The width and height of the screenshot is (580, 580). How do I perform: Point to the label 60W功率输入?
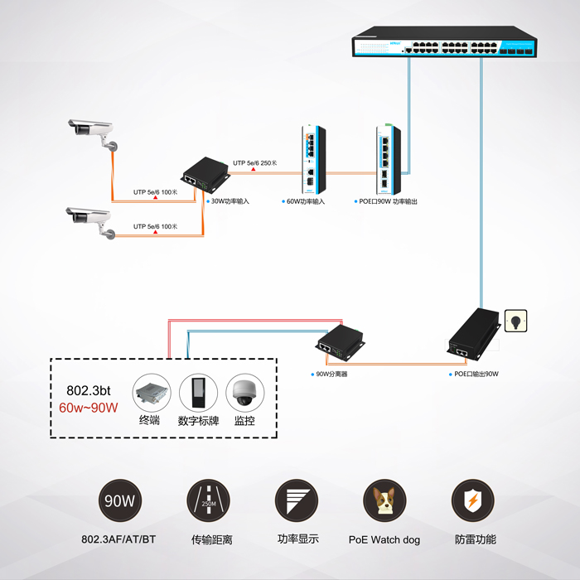click(x=306, y=201)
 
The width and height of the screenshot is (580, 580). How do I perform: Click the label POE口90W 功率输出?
click(x=389, y=201)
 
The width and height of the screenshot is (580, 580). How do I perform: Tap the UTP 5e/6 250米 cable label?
click(x=255, y=163)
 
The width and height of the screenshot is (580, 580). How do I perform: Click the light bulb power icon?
click(x=515, y=320)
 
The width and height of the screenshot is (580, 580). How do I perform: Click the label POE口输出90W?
click(x=476, y=374)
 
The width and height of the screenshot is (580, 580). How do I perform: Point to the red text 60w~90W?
click(x=89, y=407)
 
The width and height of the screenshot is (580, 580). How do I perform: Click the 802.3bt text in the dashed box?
click(x=87, y=390)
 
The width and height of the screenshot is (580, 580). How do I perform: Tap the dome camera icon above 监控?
click(x=244, y=392)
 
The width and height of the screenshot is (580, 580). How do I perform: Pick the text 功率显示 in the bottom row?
click(x=297, y=539)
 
